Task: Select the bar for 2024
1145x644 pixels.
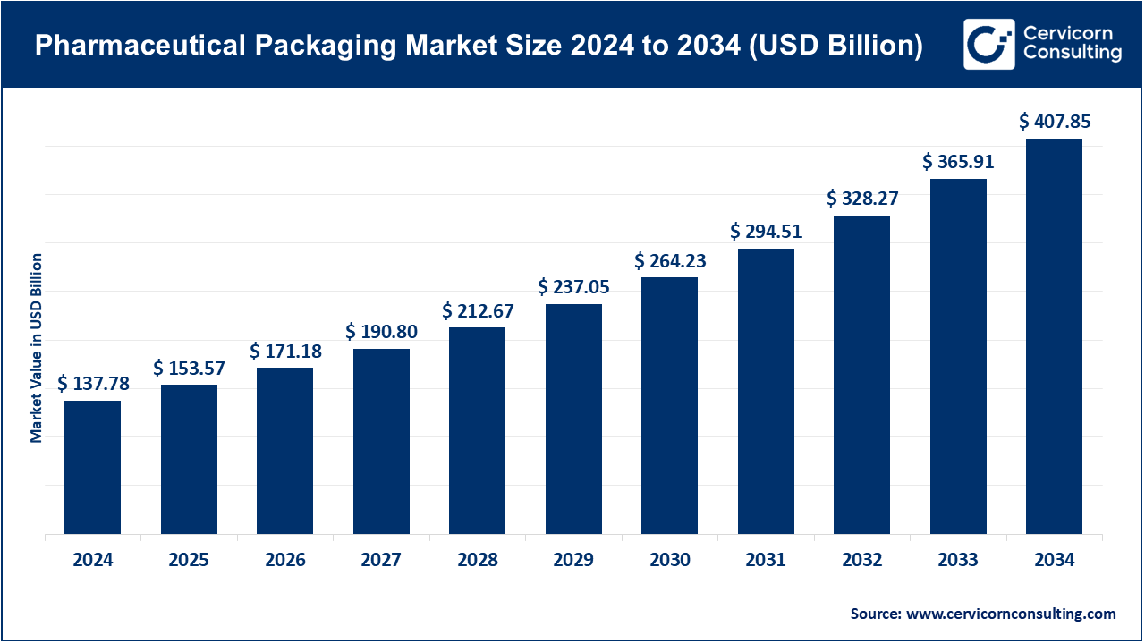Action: (92, 467)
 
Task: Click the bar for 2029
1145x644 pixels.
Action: (573, 419)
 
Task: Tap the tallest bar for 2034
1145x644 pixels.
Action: (1054, 336)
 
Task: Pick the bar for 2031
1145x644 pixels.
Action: (766, 391)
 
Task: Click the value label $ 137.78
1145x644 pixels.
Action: (93, 384)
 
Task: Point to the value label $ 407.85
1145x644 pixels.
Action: (1055, 122)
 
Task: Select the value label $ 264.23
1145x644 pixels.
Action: (670, 260)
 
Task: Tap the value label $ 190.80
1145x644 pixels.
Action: (381, 332)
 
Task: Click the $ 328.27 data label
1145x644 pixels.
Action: (862, 199)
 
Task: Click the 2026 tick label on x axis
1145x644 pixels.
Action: (285, 561)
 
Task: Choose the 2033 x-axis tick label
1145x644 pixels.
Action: (958, 561)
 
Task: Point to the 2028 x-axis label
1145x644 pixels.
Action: (478, 561)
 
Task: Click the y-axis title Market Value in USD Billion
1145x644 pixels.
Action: (37, 347)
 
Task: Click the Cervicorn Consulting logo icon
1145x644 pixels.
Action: (988, 44)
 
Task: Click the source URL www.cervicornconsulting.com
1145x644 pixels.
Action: (1011, 614)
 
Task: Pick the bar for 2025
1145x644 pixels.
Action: (189, 459)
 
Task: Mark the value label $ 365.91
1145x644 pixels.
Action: (958, 162)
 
